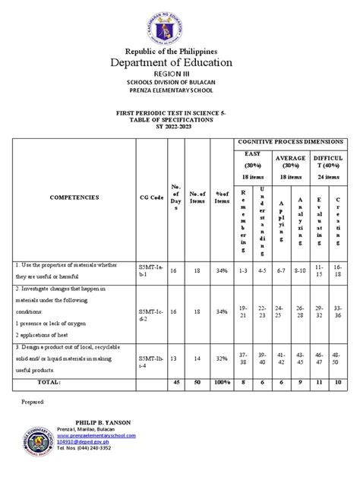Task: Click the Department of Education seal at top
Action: click(x=179, y=24)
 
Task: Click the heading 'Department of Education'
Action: click(x=179, y=63)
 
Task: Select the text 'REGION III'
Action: click(x=179, y=77)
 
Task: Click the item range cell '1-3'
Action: click(x=244, y=270)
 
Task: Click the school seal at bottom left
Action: click(x=33, y=443)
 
